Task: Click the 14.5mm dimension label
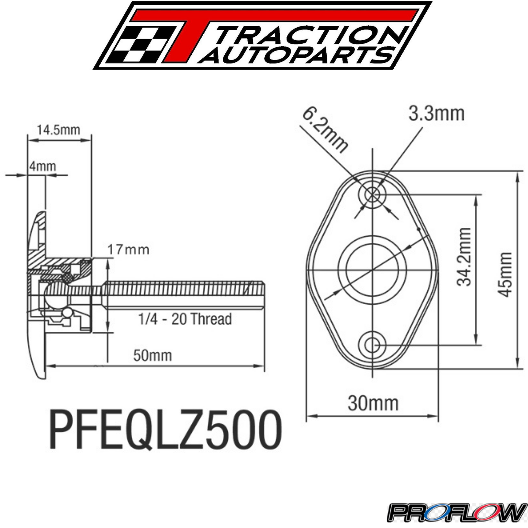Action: point(58,130)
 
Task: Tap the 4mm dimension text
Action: point(43,166)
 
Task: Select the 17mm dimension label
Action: point(128,250)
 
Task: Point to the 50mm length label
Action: point(152,356)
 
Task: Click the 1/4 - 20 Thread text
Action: point(185,319)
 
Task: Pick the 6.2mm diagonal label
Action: point(325,130)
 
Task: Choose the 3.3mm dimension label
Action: point(436,114)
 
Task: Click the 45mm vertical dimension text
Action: point(505,275)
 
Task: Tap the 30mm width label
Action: point(373,403)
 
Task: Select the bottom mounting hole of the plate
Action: point(373,346)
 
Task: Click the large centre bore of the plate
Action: point(373,270)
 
